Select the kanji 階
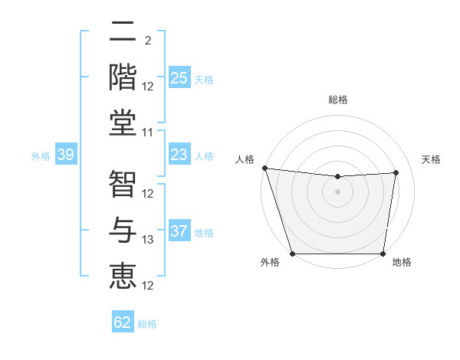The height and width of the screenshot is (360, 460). [x=123, y=77]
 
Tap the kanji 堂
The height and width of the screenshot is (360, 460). [x=123, y=123]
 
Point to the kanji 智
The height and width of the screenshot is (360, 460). [x=123, y=183]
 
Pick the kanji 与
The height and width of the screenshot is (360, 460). [x=123, y=231]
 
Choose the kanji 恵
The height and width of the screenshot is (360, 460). [x=123, y=276]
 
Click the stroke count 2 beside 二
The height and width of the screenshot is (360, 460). [x=147, y=41]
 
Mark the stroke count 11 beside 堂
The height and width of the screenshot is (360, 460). [x=148, y=132]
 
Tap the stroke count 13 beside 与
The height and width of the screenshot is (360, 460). [x=148, y=240]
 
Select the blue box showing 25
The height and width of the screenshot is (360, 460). [x=179, y=78]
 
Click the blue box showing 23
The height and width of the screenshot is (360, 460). [x=179, y=155]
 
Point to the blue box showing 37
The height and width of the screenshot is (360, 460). [x=179, y=232]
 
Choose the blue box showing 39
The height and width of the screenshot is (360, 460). [x=65, y=155]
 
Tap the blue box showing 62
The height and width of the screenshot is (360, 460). [x=123, y=322]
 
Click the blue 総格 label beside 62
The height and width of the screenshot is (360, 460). [x=147, y=324]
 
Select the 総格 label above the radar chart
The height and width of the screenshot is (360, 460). [x=337, y=100]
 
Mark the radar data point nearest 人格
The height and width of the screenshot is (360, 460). [x=264, y=168]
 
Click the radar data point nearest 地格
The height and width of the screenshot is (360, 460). [x=383, y=254]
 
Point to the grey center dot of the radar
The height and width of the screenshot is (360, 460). [x=337, y=191]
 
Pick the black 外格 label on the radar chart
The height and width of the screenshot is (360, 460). [x=270, y=263]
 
